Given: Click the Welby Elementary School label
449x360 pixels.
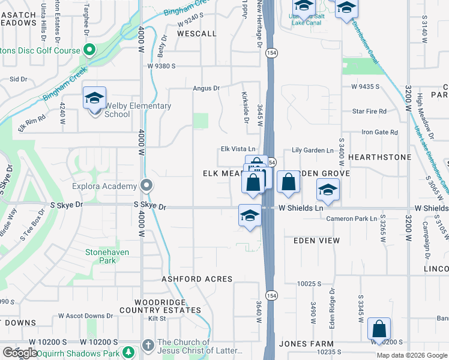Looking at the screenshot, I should (x=138, y=110).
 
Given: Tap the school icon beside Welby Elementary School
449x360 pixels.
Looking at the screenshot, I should (x=94, y=98).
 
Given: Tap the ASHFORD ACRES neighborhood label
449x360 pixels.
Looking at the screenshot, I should (x=197, y=280).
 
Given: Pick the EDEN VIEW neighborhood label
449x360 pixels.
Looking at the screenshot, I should (x=316, y=241).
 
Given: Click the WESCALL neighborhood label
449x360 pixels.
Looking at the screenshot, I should (x=196, y=34).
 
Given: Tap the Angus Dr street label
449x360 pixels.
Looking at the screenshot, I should (x=206, y=88).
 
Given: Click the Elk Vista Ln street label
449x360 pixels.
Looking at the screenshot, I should (x=238, y=149).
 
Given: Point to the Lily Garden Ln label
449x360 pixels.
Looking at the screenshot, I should (x=312, y=150).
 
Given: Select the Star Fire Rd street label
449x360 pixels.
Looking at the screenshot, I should (x=369, y=111).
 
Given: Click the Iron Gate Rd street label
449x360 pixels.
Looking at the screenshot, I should (x=379, y=132).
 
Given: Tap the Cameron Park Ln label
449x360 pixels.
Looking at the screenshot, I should (x=352, y=218).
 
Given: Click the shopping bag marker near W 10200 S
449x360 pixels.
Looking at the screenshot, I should (x=379, y=329).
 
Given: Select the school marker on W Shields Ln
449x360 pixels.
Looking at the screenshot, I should (x=250, y=216).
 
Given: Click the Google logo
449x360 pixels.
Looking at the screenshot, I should (x=19, y=353).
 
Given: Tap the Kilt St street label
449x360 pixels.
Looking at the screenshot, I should (x=157, y=319).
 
